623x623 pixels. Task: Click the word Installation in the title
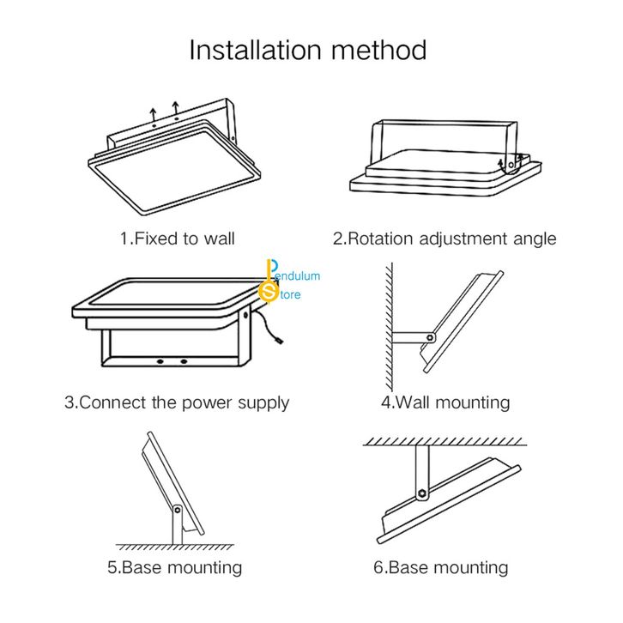coord(255,50)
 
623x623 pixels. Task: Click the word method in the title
coord(379,50)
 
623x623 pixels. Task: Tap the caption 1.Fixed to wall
coord(178,239)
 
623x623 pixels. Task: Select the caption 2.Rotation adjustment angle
coord(445,239)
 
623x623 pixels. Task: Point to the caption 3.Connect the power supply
coord(177,402)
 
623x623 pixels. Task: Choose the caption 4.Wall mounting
coord(445,402)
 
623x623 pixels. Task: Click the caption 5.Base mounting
coord(175,567)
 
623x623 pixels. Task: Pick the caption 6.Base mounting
coord(440,567)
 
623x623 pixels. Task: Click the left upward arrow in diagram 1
coord(154,115)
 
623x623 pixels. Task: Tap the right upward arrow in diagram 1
coord(175,110)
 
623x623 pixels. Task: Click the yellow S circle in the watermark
coord(269,292)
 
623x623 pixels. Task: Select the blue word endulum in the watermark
coord(298,276)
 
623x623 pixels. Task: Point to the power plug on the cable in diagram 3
coord(280,341)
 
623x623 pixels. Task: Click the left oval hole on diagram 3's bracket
coord(160,361)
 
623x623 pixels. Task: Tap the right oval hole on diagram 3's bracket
coord(183,361)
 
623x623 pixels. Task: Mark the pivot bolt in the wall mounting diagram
coord(430,338)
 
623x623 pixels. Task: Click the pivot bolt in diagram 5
coord(178,510)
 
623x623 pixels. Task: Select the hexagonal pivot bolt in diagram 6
coord(421,494)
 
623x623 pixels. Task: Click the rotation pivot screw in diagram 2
coord(511,165)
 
